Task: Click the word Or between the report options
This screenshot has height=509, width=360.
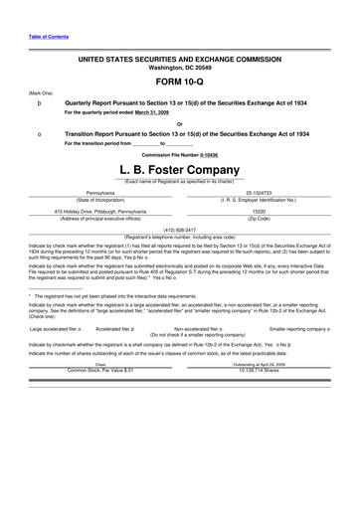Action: pos(179,122)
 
